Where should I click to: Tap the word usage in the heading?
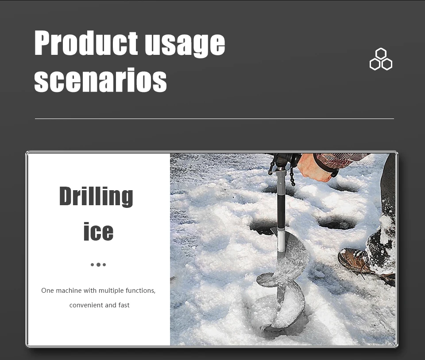pos(185,44)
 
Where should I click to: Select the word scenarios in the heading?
pos(100,80)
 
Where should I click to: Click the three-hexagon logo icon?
pos(381,59)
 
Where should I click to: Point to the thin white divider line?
pos(214,119)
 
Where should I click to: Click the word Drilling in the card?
pos(96,196)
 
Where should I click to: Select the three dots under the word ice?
pos(98,264)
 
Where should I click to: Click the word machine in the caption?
pos(69,291)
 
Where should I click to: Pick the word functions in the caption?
pos(140,291)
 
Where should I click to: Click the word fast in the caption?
pos(124,305)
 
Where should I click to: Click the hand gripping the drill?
pos(314,168)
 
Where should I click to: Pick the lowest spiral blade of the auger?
pos(285,311)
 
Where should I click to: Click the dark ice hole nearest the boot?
pos(336,223)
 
